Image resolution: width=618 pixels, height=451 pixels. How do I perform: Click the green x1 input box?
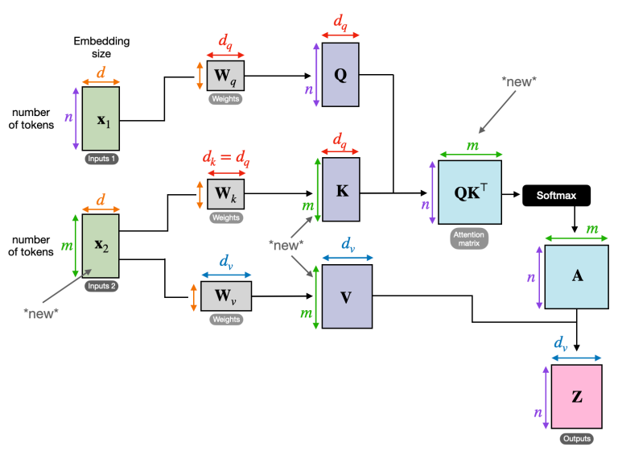[x=101, y=119]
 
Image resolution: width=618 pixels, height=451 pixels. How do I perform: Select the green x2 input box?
[x=101, y=245]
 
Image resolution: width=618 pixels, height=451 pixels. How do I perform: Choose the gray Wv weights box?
[x=226, y=297]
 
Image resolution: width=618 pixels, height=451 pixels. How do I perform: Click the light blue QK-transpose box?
[x=469, y=192]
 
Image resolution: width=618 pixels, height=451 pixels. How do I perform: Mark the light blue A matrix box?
[x=576, y=277]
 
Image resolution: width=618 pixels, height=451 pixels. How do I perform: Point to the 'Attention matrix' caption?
[x=469, y=238]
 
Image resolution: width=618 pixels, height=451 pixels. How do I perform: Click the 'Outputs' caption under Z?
[x=576, y=439]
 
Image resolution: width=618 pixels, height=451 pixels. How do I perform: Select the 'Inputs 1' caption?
[x=101, y=159]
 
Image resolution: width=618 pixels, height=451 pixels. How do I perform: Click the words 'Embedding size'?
[x=100, y=46]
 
